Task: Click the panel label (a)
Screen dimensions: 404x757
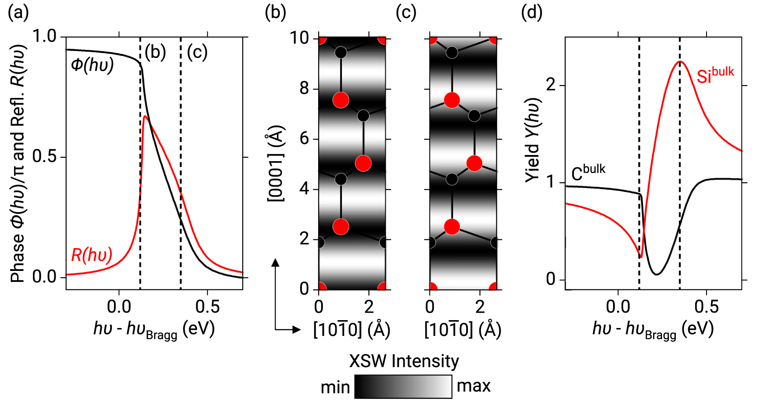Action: [18, 12]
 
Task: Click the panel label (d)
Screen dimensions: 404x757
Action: [531, 12]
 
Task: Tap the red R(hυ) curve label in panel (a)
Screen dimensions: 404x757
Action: [92, 255]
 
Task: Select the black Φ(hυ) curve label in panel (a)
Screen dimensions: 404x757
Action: [92, 65]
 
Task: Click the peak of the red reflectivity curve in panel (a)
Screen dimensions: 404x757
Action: [145, 116]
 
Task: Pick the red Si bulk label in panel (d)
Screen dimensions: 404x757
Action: [715, 75]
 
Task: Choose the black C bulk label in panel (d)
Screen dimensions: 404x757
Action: [588, 172]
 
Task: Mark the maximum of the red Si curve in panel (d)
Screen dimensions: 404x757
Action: [680, 61]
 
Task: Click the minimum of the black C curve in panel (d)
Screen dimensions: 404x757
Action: [657, 274]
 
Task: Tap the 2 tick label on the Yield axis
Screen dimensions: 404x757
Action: [551, 85]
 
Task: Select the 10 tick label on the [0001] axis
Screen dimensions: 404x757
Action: [299, 38]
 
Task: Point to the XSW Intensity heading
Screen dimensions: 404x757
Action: [404, 361]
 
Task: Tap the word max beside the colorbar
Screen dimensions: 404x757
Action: [474, 386]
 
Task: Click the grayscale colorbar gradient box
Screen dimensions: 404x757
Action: [403, 386]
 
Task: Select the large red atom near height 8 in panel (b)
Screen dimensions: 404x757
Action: [341, 100]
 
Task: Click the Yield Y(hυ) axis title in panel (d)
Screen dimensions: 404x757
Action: [533, 140]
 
